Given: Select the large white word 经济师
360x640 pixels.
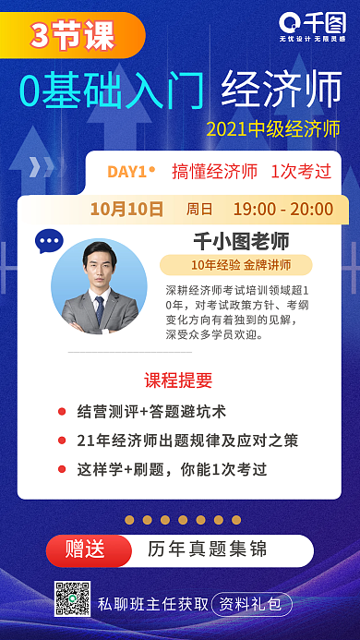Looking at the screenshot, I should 282,91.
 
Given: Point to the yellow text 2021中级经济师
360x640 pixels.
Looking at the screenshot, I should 273,128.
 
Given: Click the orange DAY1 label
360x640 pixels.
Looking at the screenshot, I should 130,172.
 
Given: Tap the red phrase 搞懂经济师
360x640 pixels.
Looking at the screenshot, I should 214,172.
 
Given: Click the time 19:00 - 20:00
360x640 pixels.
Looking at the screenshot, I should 282,209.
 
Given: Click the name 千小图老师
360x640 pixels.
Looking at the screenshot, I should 240,241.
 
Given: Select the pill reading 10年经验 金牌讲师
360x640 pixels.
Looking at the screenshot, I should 240,265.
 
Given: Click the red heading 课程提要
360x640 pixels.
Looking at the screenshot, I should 179,380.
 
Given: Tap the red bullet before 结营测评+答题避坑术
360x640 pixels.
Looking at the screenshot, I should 62,411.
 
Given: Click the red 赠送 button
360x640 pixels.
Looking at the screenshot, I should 85,549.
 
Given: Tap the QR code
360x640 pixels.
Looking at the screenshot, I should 72,599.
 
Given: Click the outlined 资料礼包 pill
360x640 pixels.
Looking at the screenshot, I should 252,605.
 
